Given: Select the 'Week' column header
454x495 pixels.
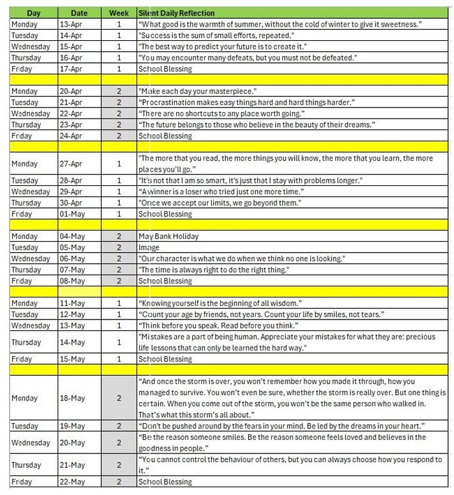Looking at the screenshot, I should pyautogui.click(x=119, y=13).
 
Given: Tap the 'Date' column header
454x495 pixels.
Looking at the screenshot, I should pyautogui.click(x=78, y=13).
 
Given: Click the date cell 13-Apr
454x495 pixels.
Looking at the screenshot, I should pyautogui.click(x=78, y=24).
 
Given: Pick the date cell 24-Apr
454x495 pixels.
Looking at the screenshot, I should pyautogui.click(x=78, y=136).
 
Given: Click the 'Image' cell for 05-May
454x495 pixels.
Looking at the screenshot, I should pyautogui.click(x=149, y=247).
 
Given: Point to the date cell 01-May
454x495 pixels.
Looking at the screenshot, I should pyautogui.click(x=78, y=214).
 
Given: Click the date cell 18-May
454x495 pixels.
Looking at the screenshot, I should pyautogui.click(x=78, y=398).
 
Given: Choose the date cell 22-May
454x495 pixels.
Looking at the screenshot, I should pyautogui.click(x=78, y=481).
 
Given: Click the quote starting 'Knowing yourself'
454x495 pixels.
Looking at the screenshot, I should pyautogui.click(x=220, y=303).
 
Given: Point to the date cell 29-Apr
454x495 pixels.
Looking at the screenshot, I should pyautogui.click(x=78, y=192).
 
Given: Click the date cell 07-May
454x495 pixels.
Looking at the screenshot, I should pyautogui.click(x=78, y=270).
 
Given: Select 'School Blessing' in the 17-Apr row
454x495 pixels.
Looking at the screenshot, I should pyautogui.click(x=165, y=69).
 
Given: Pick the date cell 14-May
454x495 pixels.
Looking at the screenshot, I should pyautogui.click(x=78, y=342).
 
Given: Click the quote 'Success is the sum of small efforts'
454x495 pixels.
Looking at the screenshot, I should pyautogui.click(x=216, y=35).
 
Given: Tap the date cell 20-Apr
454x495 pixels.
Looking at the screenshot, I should pyautogui.click(x=78, y=91).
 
